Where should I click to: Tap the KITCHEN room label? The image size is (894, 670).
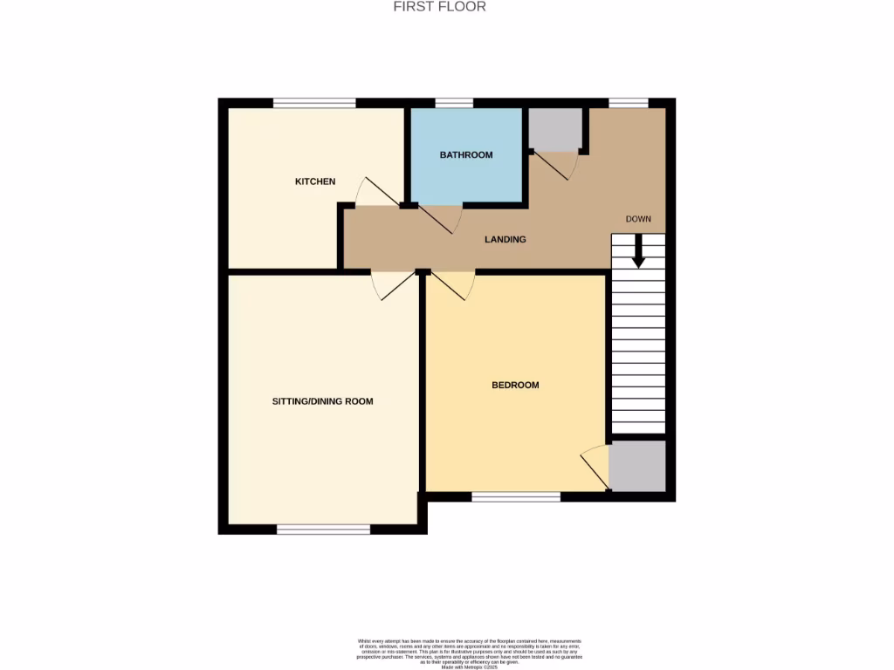(315, 181)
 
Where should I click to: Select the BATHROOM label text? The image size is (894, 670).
(466, 155)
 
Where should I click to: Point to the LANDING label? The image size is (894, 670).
(505, 239)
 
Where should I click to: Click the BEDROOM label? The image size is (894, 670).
(515, 385)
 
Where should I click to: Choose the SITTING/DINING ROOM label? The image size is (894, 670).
(323, 401)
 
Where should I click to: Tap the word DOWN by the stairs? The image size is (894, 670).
(638, 219)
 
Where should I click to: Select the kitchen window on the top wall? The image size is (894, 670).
(314, 103)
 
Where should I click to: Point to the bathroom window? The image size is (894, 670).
(454, 103)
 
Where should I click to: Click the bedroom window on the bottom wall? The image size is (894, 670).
(516, 496)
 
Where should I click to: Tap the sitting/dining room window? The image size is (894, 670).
(324, 529)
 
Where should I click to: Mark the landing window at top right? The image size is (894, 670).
(629, 103)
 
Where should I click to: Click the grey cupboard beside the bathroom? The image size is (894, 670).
(555, 129)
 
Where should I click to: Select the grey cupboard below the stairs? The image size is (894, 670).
(637, 466)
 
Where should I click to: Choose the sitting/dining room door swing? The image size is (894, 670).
(390, 285)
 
